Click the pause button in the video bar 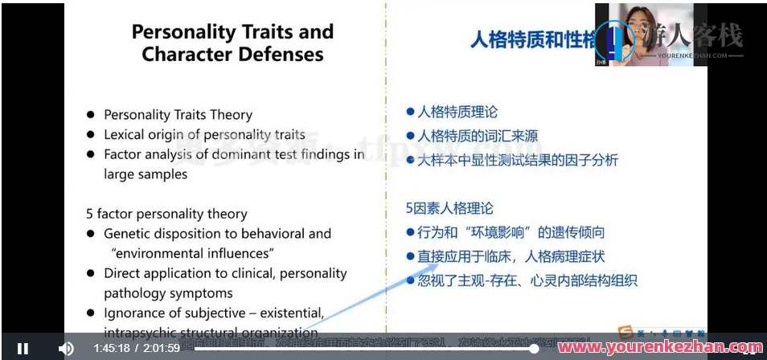[23, 348]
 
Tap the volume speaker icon [67, 348]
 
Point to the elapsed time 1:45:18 [112, 348]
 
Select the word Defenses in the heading [281, 55]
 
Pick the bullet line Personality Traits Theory [178, 115]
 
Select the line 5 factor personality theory [166, 214]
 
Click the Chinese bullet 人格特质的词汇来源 [478, 136]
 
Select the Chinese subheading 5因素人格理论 [449, 208]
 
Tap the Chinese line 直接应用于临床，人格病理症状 [511, 257]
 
